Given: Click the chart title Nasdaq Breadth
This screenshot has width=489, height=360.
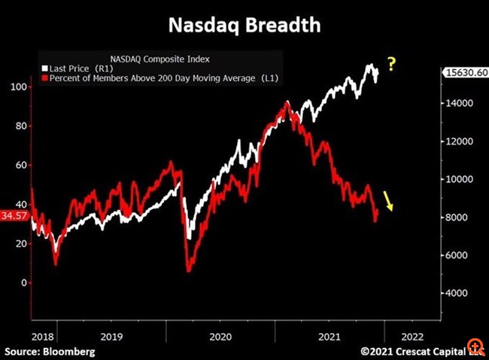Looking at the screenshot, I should point(244,25).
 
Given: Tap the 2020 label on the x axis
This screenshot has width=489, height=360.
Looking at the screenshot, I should point(220,337).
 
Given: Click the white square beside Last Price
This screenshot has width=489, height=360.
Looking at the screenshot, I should point(46,68).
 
